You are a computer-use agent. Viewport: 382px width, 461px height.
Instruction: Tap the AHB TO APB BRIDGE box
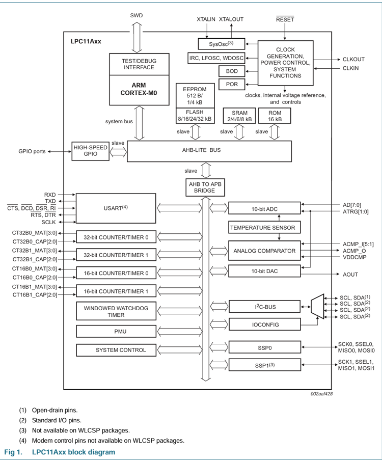pyautogui.click(x=205, y=187)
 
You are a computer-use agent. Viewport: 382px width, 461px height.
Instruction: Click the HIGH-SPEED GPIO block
pyautogui.click(x=90, y=151)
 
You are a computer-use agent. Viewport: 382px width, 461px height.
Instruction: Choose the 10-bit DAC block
pyautogui.click(x=264, y=272)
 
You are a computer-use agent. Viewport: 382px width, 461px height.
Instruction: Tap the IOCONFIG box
pyautogui.click(x=264, y=324)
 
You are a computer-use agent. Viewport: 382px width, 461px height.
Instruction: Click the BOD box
pyautogui.click(x=232, y=71)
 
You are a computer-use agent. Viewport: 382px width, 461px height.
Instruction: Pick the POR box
pyautogui.click(x=232, y=84)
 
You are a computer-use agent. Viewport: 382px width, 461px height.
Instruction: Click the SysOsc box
pyautogui.click(x=221, y=44)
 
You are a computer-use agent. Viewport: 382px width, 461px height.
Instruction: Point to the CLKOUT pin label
pyautogui.click(x=353, y=60)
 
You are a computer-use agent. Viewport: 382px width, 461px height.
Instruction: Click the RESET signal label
pyautogui.click(x=285, y=19)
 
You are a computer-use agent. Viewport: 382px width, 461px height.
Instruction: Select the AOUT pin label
pyautogui.click(x=350, y=275)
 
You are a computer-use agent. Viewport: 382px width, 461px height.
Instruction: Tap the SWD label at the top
pyautogui.click(x=137, y=15)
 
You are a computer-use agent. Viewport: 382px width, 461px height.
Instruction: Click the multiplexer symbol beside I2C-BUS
pyautogui.click(x=317, y=307)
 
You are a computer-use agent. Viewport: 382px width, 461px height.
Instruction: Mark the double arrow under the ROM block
pyautogui.click(x=275, y=131)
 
